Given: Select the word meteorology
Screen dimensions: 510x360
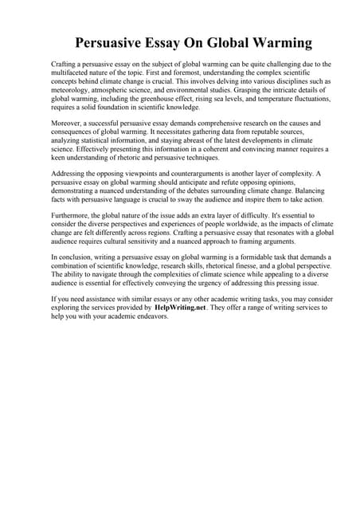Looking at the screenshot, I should point(71,91).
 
